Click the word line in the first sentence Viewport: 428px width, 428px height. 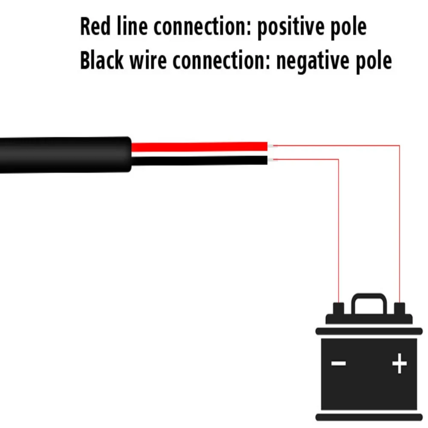point(127,27)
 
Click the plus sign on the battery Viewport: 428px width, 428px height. point(399,364)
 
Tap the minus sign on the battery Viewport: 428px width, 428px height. point(339,364)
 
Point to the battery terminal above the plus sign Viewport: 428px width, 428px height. point(400,309)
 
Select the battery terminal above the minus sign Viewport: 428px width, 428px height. point(339,309)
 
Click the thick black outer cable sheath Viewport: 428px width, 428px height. point(64,155)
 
